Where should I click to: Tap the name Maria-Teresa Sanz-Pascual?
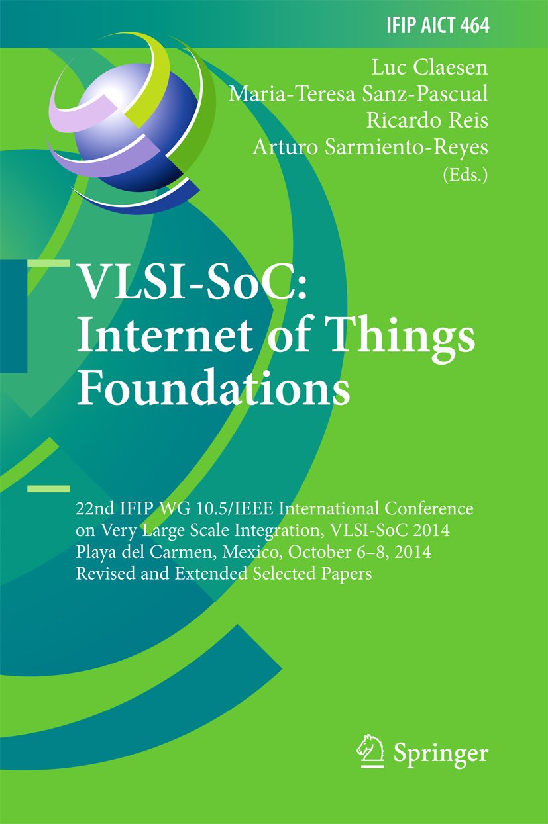coord(358,94)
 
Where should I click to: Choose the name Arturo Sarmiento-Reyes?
coord(370,148)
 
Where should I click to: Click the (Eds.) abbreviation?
coord(464,175)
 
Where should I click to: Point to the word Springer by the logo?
coord(441,753)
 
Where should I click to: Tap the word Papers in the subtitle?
coord(348,573)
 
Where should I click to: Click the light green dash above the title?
coord(48,263)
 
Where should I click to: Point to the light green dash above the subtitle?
coord(48,489)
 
